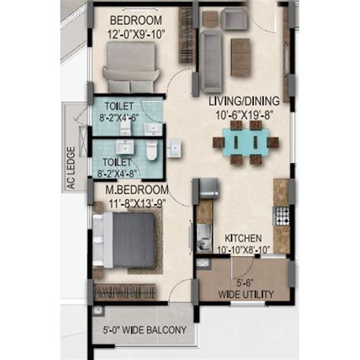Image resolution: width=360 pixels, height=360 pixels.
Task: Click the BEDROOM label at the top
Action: [136, 21]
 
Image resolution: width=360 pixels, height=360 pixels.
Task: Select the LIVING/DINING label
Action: [244, 101]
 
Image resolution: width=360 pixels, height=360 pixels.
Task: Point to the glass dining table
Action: [245, 142]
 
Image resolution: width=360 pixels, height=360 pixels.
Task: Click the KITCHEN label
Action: [243, 238]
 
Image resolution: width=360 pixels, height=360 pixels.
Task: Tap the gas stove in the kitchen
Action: [281, 216]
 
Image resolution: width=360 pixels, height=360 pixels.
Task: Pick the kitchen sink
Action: [204, 238]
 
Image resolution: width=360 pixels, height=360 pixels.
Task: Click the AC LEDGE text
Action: [71, 168]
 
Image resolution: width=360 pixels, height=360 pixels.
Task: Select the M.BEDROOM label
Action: [137, 190]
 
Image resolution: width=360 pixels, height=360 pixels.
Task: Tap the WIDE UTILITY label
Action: [246, 295]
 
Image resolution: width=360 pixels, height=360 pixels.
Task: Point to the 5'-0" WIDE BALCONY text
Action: [145, 330]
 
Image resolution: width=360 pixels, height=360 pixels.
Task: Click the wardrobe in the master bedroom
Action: [125, 292]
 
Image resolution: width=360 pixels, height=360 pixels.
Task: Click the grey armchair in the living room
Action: [234, 18]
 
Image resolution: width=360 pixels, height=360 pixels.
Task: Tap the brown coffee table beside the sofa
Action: [241, 57]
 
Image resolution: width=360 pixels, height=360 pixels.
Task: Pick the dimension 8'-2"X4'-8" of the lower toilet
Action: [117, 174]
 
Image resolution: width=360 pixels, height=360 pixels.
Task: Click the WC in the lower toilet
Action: [151, 150]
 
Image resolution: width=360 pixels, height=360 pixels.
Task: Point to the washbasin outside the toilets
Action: [174, 148]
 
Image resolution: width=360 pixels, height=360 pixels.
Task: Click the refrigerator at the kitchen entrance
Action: [209, 188]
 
